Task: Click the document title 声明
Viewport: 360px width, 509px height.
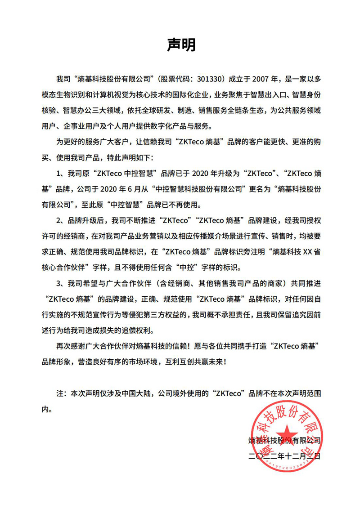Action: [181, 45]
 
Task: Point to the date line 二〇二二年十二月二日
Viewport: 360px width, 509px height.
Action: [284, 455]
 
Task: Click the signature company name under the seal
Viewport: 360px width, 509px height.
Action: [284, 440]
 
